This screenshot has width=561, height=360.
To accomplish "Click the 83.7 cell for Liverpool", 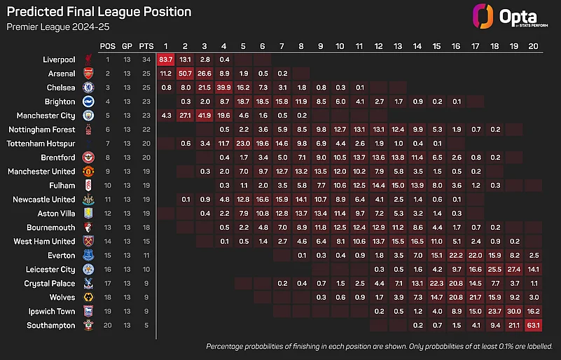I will pos(166,59).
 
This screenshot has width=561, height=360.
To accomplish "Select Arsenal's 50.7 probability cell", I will pos(185,73).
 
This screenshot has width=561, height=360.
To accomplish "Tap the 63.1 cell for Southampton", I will pos(533,325).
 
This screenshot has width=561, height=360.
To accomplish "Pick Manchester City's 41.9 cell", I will pos(204,115).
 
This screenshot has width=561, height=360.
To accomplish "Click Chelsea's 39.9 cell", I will pos(223,87).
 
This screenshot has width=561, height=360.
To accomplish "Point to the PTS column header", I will pos(146,46).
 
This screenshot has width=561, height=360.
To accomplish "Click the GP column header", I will pos(127,46).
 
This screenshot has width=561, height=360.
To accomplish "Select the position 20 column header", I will pos(533,46).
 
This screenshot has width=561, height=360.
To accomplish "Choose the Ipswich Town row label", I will pos(53,311).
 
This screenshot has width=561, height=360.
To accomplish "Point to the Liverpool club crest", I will pos(88,59).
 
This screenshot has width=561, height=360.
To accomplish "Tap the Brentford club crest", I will pos(88,157).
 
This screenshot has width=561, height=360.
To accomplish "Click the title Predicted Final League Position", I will pos(99,12).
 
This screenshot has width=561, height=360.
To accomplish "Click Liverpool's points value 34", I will pos(146,59).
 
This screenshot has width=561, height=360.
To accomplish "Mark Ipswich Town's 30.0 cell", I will pos(513,311).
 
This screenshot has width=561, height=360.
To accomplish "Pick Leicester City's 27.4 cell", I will pos(513,269).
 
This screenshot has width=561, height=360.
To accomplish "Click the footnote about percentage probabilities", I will pos(379,347).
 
